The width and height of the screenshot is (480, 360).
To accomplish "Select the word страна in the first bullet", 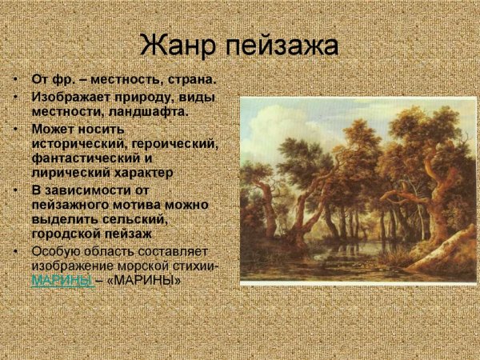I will click(x=190, y=81).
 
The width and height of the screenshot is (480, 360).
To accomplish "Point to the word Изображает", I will click(x=68, y=97).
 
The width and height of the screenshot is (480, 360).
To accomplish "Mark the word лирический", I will click(x=68, y=173).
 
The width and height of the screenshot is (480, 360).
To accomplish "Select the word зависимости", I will click(x=94, y=190).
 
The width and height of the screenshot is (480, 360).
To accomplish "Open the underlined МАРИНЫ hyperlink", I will click(x=62, y=281).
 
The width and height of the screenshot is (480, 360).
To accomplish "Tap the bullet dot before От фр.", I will click(x=16, y=81).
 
